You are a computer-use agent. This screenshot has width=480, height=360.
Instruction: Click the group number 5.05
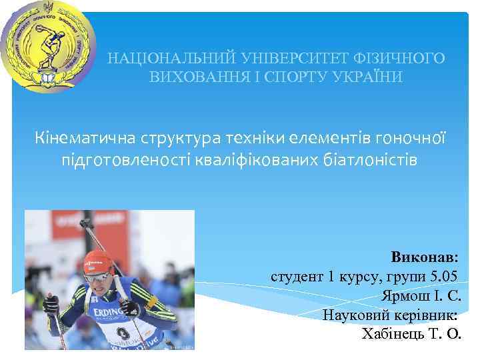coord(440,276)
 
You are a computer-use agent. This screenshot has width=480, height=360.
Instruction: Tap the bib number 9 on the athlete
coord(121,332)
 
